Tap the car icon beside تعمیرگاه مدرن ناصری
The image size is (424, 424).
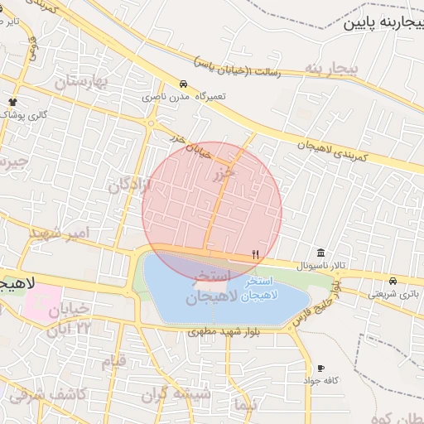pos(183,84)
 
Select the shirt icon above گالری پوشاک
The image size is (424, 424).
pos(13,101)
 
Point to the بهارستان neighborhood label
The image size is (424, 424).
pos(82,82)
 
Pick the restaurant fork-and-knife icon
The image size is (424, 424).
pos(255,254)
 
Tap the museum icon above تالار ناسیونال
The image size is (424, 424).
pos(320,253)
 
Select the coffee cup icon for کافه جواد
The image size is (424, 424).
pos(320,368)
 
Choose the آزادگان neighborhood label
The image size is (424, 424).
pos(130,184)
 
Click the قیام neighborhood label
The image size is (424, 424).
pos(113,362)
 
